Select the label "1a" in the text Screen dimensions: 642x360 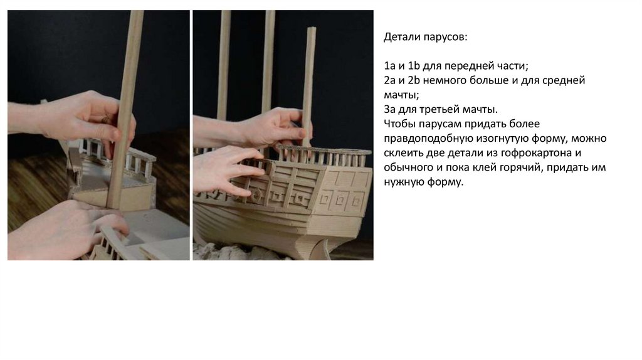pos(389,65)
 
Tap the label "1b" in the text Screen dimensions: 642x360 pos(414,65)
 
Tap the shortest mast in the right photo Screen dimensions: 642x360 pos(309,86)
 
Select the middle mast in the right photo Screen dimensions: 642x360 pos(268,61)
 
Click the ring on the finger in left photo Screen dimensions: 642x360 pos(106,119)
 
